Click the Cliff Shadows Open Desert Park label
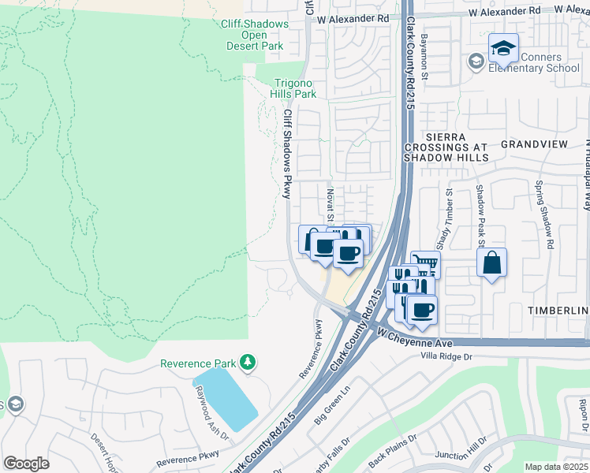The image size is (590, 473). [x=254, y=35]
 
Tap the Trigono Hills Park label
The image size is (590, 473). [x=295, y=88]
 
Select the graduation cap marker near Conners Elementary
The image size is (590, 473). [x=503, y=49]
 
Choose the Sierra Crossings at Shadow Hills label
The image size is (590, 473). [x=446, y=147]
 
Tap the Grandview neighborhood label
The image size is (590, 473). [x=534, y=145]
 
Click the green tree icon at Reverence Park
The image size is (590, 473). [x=248, y=363]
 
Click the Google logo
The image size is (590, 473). [x=27, y=463]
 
